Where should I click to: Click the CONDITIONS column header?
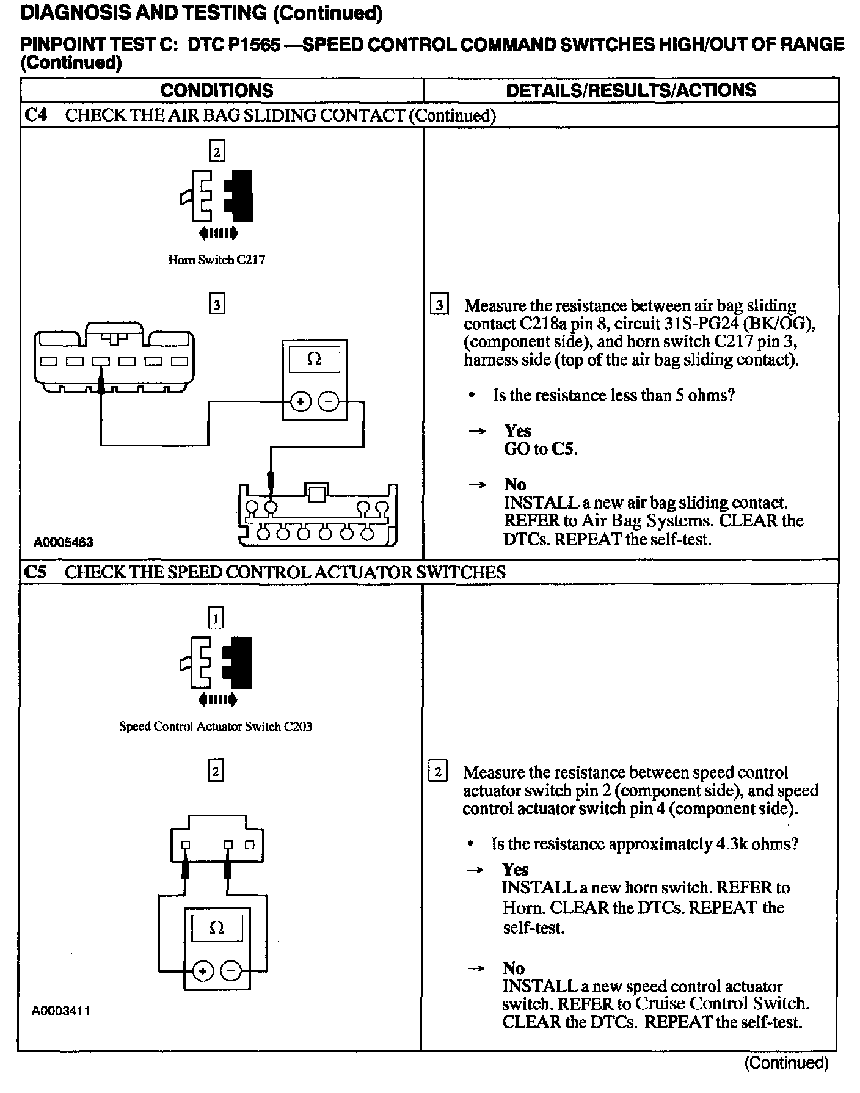click(217, 91)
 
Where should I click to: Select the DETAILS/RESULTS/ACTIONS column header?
click(631, 90)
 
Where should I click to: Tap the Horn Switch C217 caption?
click(217, 260)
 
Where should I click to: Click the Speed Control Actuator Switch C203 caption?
click(216, 727)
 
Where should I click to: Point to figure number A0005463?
click(64, 542)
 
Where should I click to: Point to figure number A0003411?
click(61, 1011)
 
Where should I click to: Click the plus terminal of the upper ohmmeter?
click(300, 402)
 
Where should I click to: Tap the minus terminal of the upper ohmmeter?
click(329, 402)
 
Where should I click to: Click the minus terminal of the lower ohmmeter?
click(231, 970)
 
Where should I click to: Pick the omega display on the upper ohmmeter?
click(314, 359)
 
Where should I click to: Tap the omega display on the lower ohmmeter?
click(217, 928)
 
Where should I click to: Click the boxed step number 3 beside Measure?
click(439, 305)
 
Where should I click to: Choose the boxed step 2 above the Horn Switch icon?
click(217, 151)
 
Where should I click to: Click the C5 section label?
click(35, 572)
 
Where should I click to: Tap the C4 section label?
click(35, 115)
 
